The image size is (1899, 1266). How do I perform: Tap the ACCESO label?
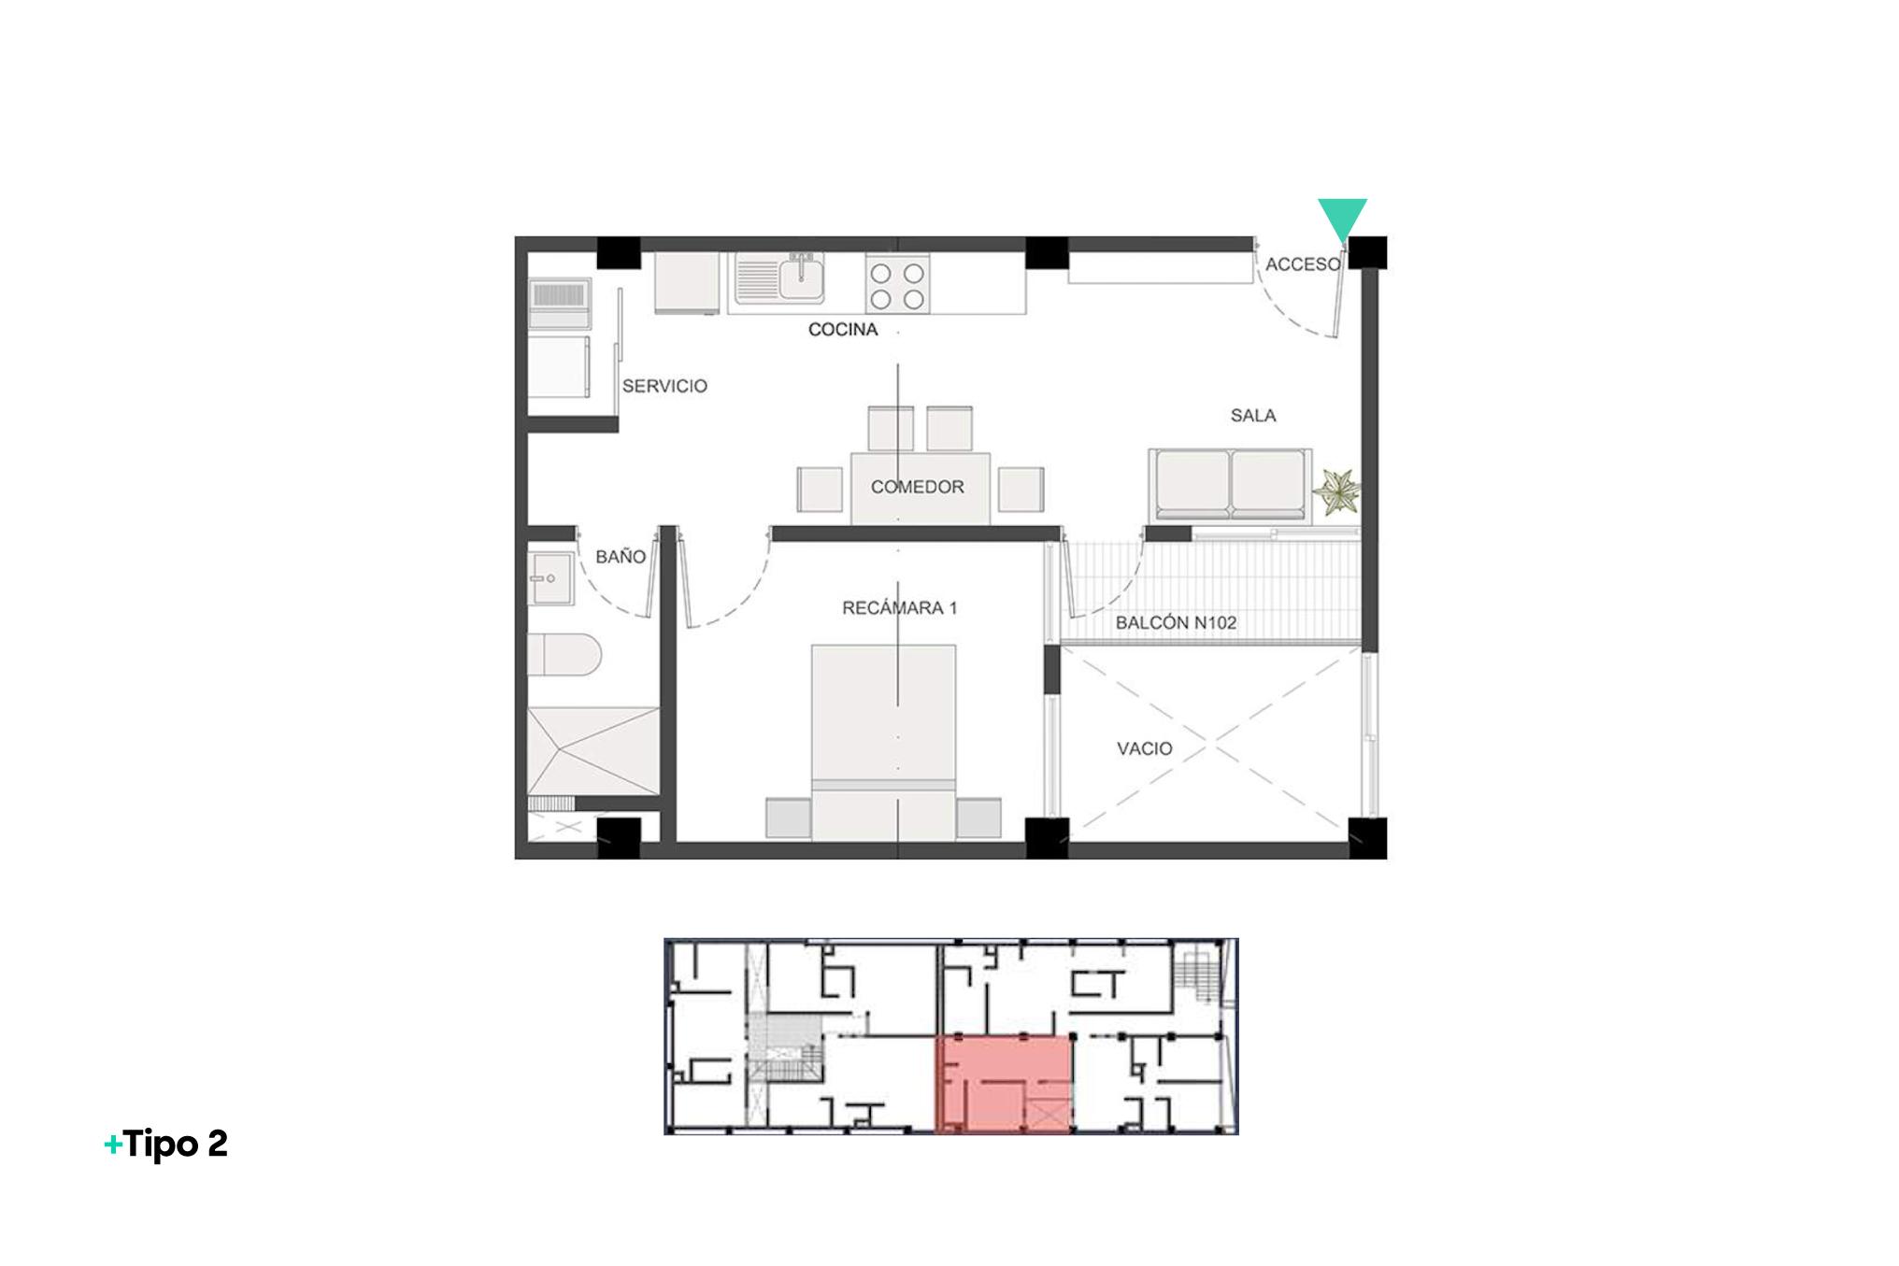pos(1303,264)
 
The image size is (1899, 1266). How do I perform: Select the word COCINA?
pos(843,329)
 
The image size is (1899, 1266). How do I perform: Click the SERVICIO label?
pos(664,386)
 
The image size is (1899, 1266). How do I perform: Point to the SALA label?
pos(1253,416)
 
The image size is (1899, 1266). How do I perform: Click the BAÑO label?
pos(621,557)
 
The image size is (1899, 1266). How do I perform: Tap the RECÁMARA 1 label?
pos(899,608)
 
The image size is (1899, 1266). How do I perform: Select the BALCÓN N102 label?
pos(1176,622)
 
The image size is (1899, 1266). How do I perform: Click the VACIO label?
pos(1145,748)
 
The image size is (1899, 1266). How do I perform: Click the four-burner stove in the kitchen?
pos(897,284)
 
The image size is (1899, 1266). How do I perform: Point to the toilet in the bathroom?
pos(564,654)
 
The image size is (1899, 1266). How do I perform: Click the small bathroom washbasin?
pos(551,578)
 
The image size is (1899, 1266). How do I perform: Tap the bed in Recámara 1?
pos(884,742)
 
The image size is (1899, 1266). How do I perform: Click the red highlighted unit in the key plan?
pos(1004,1084)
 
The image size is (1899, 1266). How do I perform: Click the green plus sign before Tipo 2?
pos(112,1145)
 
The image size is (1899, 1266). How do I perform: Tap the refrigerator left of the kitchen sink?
pos(687,283)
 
